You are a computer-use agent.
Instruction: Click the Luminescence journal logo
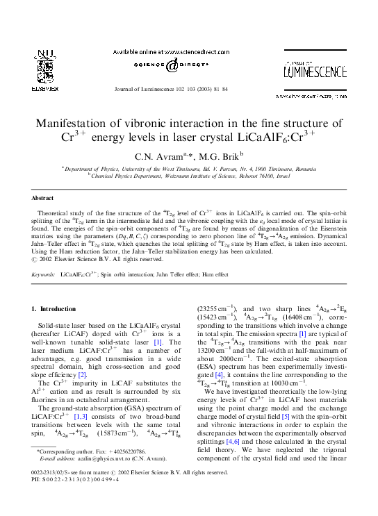tap(314, 69)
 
